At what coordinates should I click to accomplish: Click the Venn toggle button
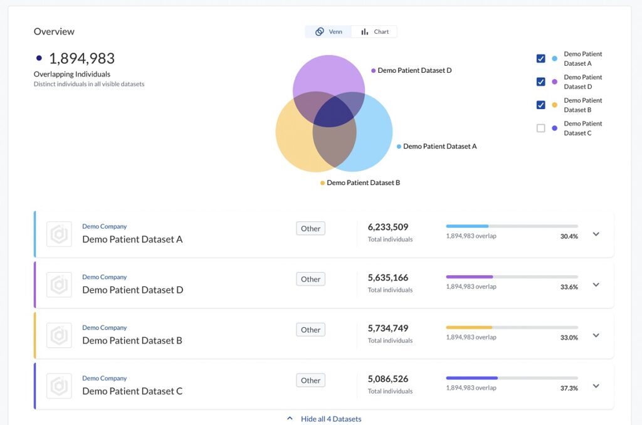329,32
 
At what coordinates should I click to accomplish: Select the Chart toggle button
375,32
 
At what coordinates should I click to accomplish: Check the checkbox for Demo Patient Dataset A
540,59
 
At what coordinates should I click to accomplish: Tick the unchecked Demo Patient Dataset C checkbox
540,129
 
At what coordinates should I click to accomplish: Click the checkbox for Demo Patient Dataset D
540,82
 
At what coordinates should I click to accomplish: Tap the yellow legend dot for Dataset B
554,105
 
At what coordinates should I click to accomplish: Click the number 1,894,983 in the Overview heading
82,59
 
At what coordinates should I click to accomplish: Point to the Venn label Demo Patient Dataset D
414,71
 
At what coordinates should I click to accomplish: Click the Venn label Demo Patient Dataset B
363,183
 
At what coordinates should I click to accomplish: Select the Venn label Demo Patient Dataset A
439,147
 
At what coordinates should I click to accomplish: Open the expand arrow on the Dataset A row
596,234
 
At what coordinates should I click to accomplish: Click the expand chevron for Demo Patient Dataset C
596,386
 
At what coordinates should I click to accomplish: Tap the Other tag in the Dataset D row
310,279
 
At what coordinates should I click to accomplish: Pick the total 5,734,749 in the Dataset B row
388,328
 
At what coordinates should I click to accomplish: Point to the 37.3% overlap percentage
569,388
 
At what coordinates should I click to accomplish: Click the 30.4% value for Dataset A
569,236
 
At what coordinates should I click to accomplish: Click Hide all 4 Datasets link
330,419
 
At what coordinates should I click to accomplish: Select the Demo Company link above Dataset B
104,328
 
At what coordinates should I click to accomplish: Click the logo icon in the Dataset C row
59,386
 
